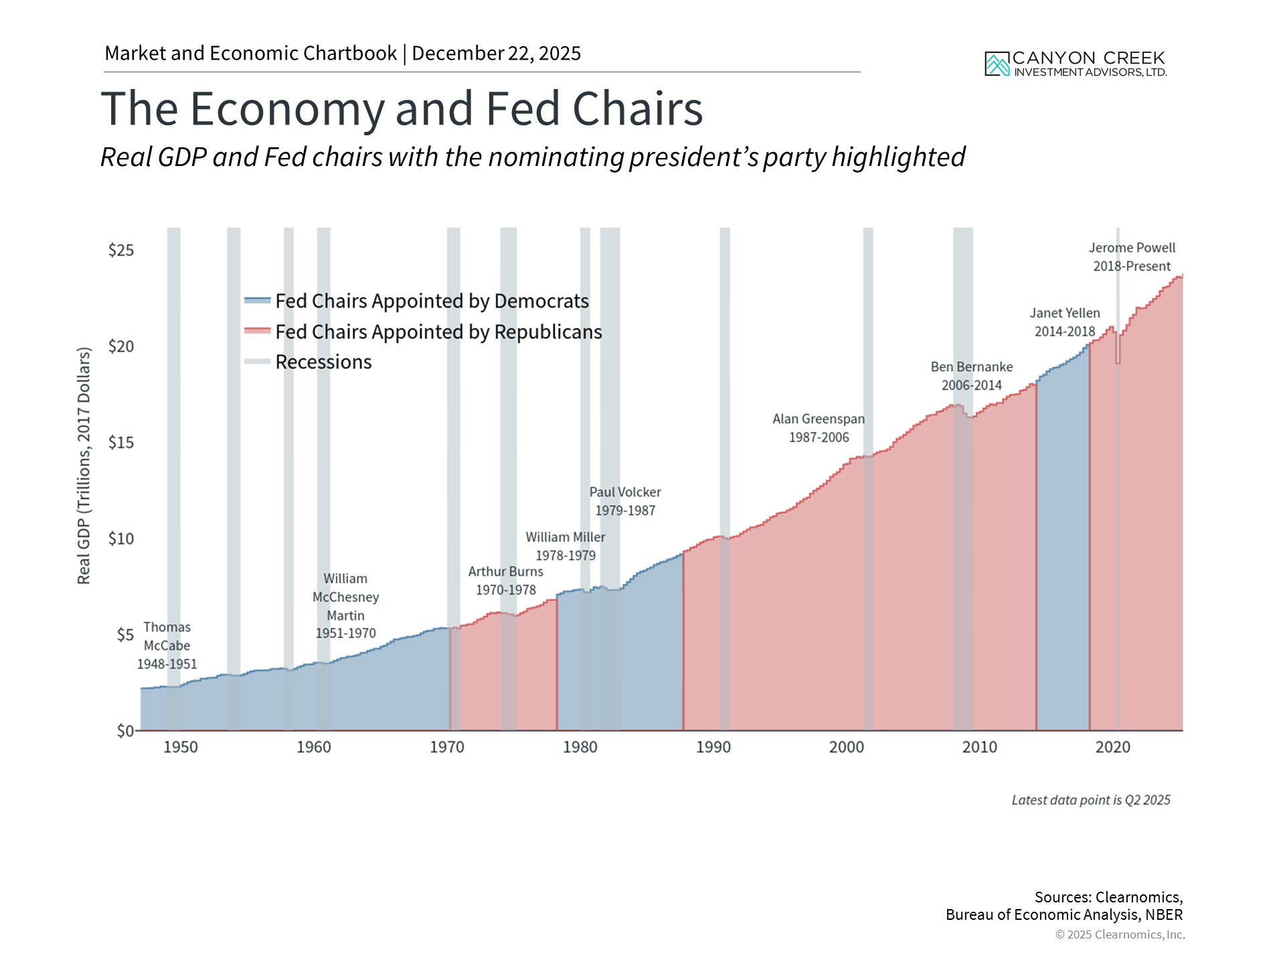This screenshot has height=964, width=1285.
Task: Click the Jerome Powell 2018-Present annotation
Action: pos(1132,257)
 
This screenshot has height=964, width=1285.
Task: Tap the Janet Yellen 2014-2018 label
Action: pos(1064,322)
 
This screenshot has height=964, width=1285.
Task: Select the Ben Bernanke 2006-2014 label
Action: pos(971,376)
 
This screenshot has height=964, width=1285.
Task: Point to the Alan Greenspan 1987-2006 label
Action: pos(819,428)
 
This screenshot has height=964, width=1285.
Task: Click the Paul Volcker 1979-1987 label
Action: pos(625,501)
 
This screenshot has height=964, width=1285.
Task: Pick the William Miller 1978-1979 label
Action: pos(565,546)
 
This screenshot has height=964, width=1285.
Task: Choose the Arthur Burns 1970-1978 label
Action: pos(505,580)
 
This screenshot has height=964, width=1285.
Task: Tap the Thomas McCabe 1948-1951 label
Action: pos(167,645)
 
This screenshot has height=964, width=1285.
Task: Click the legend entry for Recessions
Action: pos(323,362)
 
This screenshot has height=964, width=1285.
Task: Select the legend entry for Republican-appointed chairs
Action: pos(438,332)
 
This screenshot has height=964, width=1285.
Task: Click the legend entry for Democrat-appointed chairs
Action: pos(432,301)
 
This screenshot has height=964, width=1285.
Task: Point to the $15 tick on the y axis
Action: pos(121,443)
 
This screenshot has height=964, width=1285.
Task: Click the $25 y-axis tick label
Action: pos(121,250)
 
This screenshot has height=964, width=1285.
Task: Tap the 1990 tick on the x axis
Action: pos(713,747)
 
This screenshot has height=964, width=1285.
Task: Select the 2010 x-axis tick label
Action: pos(979,747)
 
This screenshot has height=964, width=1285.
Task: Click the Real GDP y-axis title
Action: pos(84,465)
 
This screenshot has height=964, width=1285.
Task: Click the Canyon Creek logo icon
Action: pos(997,64)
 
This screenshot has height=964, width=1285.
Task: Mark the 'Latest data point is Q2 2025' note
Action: pos(1090,800)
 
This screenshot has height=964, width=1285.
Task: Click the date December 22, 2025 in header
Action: pos(496,54)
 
